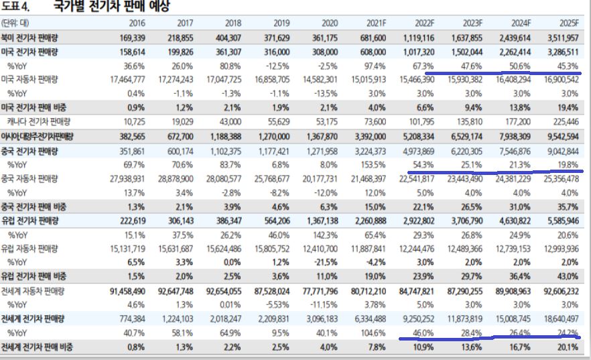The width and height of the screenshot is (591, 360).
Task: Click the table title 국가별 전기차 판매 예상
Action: click(111, 7)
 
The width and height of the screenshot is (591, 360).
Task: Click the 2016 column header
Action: click(137, 23)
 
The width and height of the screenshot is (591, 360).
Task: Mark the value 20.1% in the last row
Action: click(568, 347)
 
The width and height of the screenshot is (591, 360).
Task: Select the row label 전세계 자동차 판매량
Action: click(33, 291)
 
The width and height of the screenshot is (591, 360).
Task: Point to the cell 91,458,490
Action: click(128, 291)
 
